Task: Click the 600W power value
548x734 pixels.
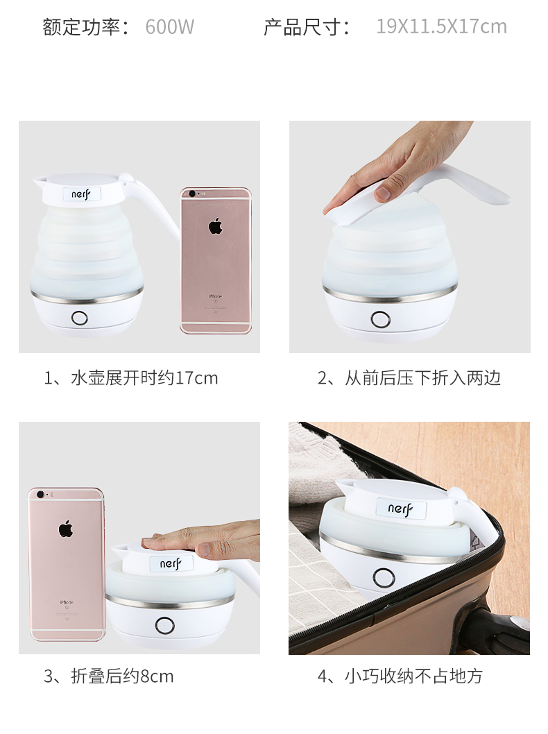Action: pos(169,26)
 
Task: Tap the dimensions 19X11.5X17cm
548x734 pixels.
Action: pos(441,26)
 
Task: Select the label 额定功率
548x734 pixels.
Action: pos(81,26)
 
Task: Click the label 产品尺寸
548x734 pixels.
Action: pos(302,26)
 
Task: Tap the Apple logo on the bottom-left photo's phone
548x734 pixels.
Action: pos(65,529)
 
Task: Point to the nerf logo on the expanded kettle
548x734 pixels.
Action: pos(80,194)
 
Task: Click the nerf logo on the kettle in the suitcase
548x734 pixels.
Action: pos(400,509)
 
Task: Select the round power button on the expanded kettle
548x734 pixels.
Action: pos(80,318)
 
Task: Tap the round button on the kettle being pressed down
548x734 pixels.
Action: pos(380,320)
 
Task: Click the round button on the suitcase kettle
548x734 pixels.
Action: pos(384,578)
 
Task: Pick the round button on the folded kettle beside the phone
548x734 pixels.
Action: pos(164,625)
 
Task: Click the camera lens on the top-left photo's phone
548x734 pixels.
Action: pos(191,193)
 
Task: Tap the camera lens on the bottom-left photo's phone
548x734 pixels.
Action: pos(40,494)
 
